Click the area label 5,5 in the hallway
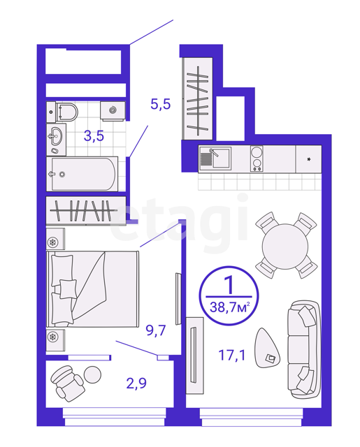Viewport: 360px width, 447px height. coord(161,104)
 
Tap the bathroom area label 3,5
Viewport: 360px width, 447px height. coord(94,136)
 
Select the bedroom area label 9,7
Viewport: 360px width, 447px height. coord(156,330)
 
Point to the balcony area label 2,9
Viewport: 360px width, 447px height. coord(136,383)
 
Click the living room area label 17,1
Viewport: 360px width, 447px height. coord(232,356)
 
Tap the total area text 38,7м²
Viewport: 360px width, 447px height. coord(230,307)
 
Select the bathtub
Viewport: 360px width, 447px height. coord(82,174)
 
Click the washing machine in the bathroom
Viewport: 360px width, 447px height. coord(113,111)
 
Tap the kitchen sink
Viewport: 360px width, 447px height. coord(215,159)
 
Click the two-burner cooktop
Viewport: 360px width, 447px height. coord(257,159)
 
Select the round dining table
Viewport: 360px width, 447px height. coord(285,247)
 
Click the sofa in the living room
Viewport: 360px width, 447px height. coord(303,349)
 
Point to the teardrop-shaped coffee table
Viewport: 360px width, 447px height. coord(266,348)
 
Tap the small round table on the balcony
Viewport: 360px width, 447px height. coord(92,374)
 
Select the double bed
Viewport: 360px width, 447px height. coord(93,288)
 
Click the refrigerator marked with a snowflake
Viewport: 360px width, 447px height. coord(309,159)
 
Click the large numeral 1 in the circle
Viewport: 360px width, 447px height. coord(230,285)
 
